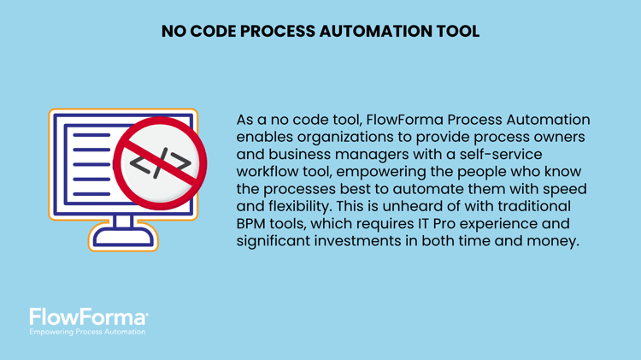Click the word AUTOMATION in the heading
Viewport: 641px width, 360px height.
click(369, 32)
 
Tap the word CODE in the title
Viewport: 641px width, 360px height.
click(215, 32)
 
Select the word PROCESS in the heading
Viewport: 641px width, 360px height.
click(279, 32)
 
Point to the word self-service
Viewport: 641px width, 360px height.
click(497, 154)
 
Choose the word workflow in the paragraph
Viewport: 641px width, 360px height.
click(271, 172)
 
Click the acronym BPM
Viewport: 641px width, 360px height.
click(254, 224)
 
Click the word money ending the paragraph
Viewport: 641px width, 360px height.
click(552, 242)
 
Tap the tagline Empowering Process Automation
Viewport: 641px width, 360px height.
click(87, 332)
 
